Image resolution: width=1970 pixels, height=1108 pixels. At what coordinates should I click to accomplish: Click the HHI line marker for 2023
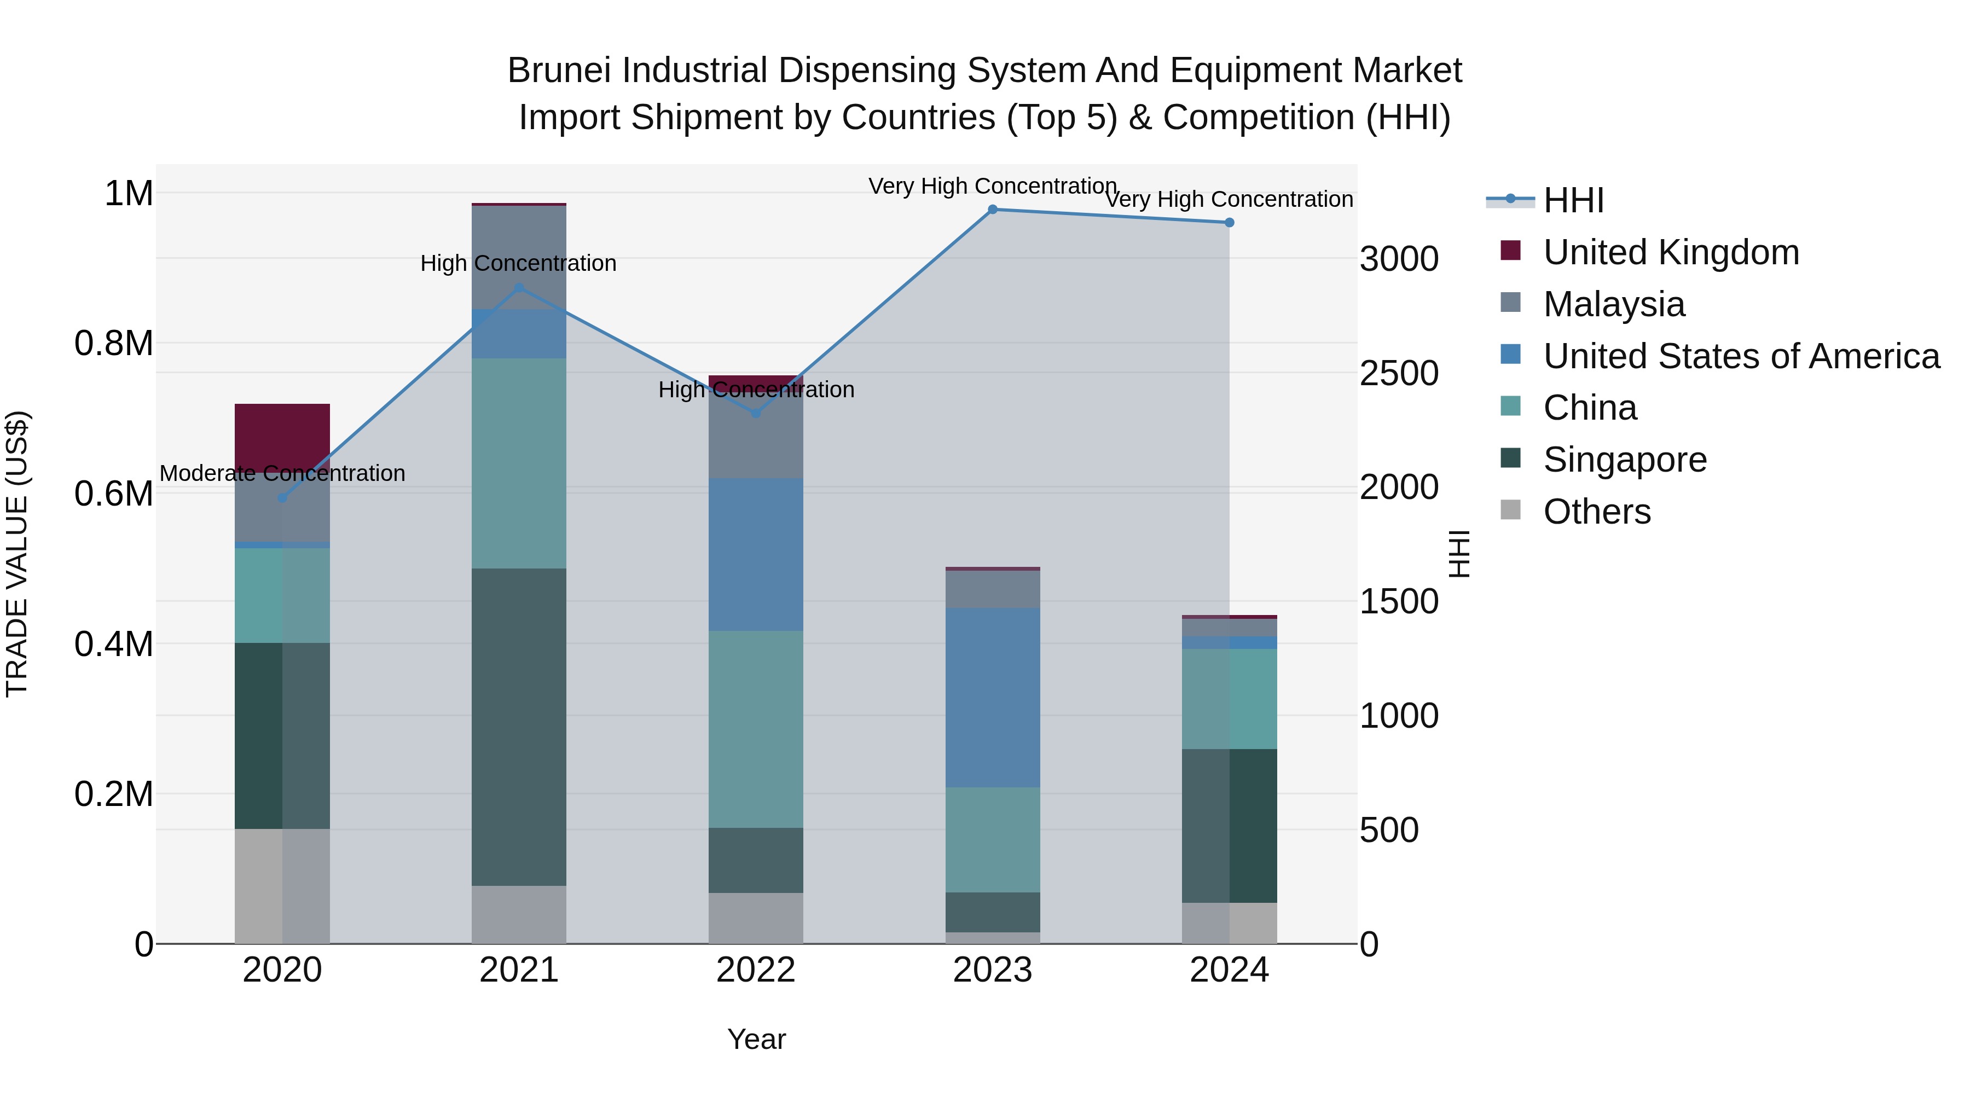[x=993, y=209]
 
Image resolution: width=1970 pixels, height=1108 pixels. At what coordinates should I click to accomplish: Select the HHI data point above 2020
[x=282, y=498]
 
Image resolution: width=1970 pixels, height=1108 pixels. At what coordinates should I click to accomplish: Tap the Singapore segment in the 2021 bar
[x=519, y=727]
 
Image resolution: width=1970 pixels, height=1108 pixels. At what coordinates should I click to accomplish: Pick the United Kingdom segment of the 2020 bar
[x=282, y=436]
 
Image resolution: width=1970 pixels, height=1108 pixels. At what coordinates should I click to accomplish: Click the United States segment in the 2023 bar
[x=993, y=698]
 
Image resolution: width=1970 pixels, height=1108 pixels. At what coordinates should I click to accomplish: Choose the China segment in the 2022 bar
[x=756, y=729]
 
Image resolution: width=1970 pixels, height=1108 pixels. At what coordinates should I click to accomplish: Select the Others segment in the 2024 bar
[x=1229, y=923]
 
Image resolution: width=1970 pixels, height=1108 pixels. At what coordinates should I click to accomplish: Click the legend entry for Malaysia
[x=1614, y=304]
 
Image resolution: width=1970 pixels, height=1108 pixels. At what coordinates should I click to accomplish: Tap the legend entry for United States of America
[x=1741, y=356]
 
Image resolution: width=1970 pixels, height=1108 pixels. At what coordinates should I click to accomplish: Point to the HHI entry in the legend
[x=1573, y=200]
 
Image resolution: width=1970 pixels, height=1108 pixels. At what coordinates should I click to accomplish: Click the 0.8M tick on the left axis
[x=114, y=343]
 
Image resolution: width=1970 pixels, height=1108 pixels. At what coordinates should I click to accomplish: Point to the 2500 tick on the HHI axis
[x=1399, y=373]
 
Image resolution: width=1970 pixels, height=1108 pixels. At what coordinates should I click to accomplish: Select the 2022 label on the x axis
[x=756, y=970]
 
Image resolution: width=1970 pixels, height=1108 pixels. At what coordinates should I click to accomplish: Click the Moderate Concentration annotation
[x=282, y=473]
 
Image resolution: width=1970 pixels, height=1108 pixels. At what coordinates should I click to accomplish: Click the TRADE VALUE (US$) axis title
[x=17, y=554]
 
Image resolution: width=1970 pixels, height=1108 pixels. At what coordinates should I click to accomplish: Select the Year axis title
[x=756, y=1039]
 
